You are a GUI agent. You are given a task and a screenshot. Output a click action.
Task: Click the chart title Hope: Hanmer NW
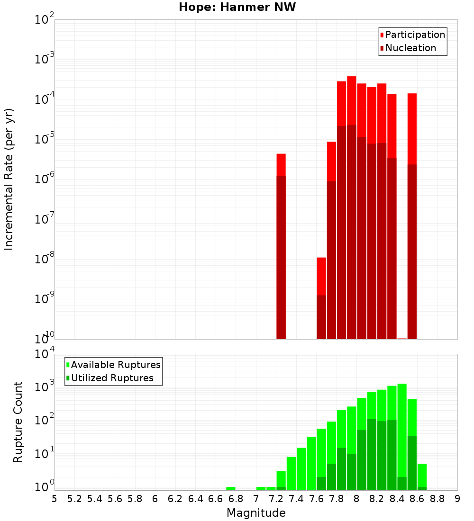tap(237, 7)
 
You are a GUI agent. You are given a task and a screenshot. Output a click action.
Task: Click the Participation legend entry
tap(415, 35)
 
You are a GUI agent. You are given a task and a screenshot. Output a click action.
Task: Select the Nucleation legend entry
tap(410, 48)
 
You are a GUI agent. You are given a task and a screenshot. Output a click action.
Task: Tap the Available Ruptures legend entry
tap(115, 365)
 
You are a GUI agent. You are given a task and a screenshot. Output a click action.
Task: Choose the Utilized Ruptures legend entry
tap(112, 378)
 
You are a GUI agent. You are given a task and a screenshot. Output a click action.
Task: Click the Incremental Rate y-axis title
tap(9, 179)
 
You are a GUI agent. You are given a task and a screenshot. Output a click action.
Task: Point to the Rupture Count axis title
tap(18, 422)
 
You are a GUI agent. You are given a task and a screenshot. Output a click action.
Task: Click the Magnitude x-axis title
tap(256, 513)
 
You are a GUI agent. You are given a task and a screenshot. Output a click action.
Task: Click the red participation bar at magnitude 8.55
tap(412, 128)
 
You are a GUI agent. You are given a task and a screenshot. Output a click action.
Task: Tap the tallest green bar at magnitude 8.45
tap(402, 429)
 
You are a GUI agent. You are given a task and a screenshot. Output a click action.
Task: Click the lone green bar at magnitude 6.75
tap(231, 488)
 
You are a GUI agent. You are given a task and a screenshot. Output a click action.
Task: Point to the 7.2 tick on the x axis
tap(276, 499)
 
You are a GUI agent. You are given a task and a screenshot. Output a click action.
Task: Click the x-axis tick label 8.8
tap(437, 499)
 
